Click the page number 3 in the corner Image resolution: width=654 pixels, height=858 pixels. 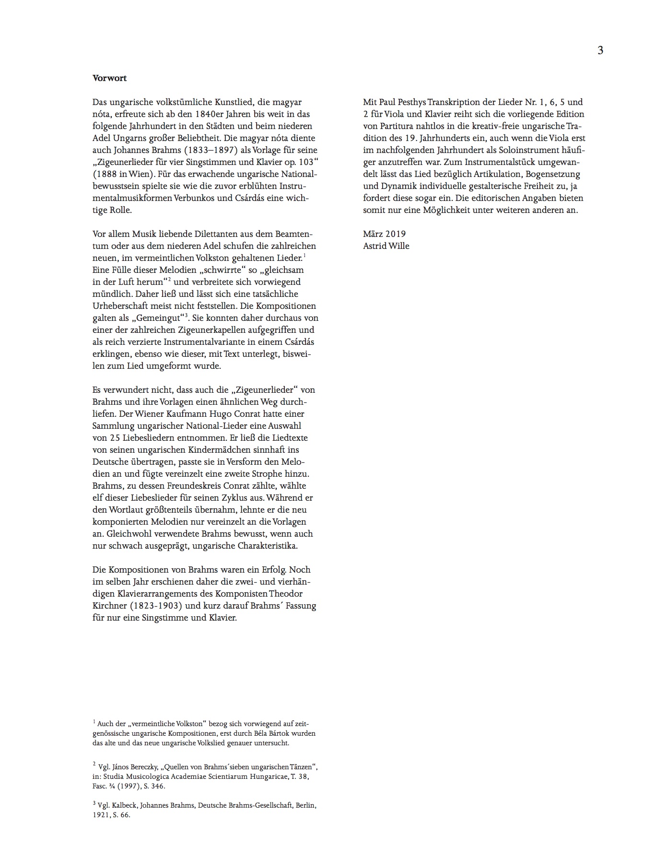[x=600, y=50]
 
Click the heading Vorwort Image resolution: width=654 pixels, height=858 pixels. [x=110, y=78]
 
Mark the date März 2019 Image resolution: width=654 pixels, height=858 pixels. [x=385, y=234]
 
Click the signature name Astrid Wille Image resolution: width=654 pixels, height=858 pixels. [x=386, y=246]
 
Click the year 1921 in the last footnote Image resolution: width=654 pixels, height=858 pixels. [x=100, y=815]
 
